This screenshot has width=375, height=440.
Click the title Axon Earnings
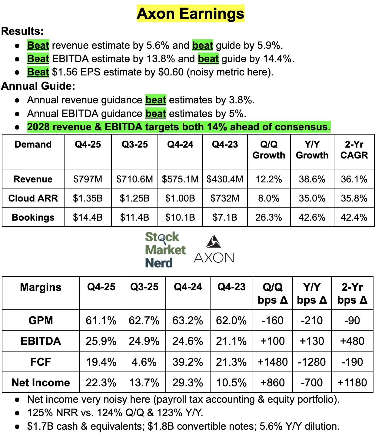point(190,14)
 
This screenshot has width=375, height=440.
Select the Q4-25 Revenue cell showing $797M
point(88,179)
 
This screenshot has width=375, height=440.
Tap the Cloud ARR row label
point(33,198)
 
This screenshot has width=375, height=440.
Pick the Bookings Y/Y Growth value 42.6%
point(312,217)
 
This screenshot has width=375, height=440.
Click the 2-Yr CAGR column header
point(354,150)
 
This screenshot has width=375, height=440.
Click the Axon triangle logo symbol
point(214,241)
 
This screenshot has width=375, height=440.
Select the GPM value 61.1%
point(101,320)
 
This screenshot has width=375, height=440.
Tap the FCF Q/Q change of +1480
point(272,362)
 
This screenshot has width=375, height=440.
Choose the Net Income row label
point(41,382)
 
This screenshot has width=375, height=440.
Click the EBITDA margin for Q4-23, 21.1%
point(231,341)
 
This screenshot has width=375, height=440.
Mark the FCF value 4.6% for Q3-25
point(144,362)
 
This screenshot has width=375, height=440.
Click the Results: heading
point(23,31)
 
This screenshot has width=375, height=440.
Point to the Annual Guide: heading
point(38,86)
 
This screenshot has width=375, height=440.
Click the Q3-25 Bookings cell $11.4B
point(134,217)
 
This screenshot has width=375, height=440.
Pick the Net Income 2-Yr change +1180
point(352,382)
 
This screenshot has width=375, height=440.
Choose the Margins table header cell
point(41,287)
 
